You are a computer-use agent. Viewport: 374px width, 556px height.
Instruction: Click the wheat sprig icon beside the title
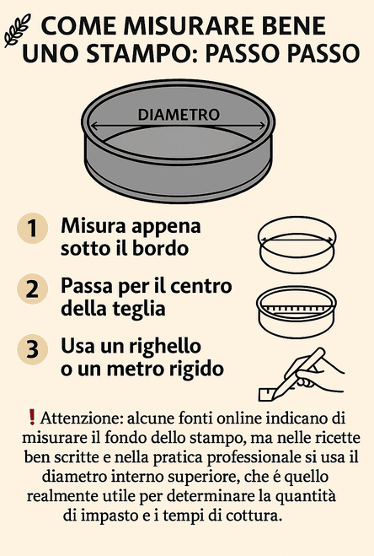coord(17,31)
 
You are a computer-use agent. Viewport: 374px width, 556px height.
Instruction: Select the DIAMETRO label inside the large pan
coord(179,115)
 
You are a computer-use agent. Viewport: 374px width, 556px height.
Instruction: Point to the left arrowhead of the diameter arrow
coord(94,126)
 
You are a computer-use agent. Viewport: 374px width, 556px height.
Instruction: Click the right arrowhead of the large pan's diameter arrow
coord(261,126)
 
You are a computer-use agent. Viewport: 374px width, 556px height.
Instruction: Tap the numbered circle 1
coord(32,228)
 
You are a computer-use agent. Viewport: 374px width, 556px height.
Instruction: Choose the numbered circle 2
coord(32,289)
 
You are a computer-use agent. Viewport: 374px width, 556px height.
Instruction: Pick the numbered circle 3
coord(32,349)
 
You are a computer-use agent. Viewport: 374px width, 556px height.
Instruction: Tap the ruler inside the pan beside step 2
coord(297,309)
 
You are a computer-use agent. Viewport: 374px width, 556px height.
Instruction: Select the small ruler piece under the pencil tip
coord(267,394)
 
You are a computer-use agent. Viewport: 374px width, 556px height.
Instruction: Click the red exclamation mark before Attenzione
coord(32,417)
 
